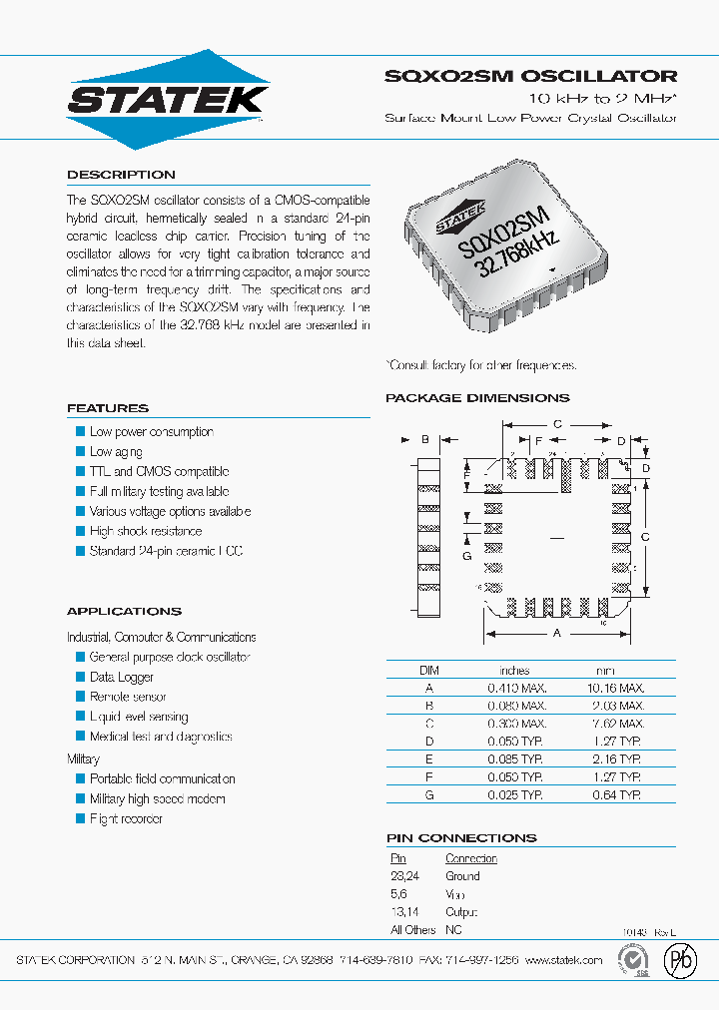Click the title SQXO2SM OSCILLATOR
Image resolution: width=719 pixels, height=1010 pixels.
pos(530,76)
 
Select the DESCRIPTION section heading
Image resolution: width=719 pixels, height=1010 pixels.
pos(121,175)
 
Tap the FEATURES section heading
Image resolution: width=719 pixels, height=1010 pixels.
pos(108,408)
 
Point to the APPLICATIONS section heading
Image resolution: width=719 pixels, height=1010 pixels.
pos(124,611)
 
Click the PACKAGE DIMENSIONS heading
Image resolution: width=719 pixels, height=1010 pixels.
pos(477,398)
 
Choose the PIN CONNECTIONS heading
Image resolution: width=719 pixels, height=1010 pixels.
pos(461,838)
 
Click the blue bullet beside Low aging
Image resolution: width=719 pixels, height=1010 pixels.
pos(81,451)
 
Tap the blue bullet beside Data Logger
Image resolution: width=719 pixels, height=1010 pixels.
pos(81,677)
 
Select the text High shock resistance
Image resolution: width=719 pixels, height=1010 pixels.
pos(146,531)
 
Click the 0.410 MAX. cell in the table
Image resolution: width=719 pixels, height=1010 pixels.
pos(516,688)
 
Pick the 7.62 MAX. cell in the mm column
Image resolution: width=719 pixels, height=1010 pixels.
pos(620,724)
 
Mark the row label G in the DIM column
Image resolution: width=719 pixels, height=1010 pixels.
pos(429,795)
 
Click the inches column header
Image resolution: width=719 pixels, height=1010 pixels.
pos(514,671)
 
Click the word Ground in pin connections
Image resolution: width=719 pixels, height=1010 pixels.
pos(462,876)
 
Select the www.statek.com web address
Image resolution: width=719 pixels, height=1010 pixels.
pos(563,960)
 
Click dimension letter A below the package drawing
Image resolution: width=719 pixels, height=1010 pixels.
pos(556,633)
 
